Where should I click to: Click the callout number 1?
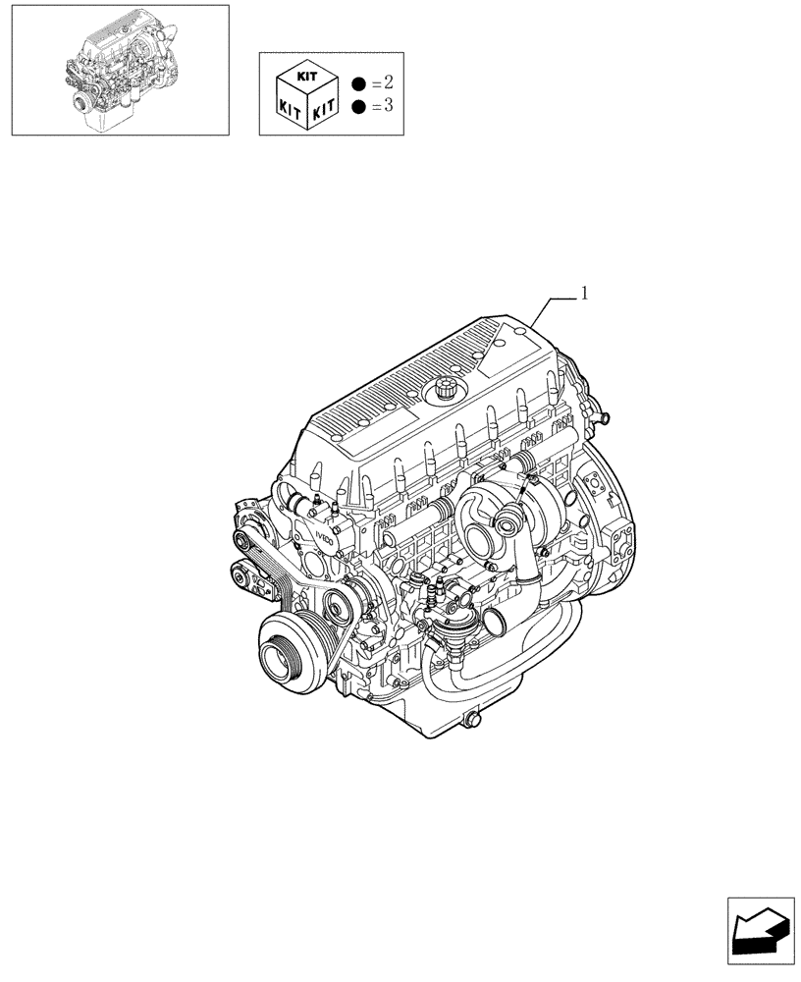584,293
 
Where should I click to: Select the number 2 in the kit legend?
386,82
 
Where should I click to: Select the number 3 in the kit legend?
386,106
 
